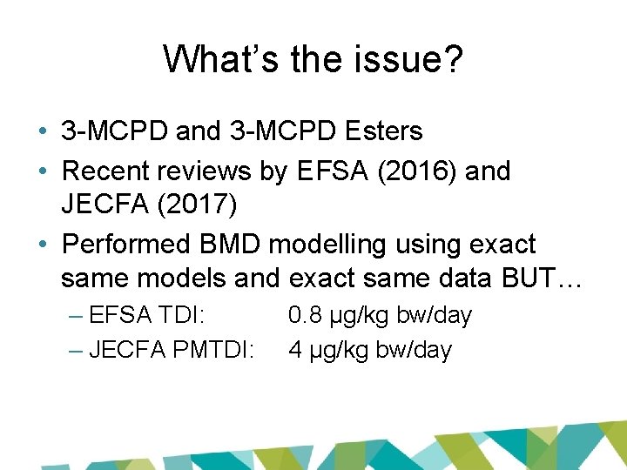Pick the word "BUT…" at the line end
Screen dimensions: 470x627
pyautogui.click(x=549, y=279)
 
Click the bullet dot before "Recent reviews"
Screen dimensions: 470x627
pyautogui.click(x=43, y=171)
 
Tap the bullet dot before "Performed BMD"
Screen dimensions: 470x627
pyautogui.click(x=43, y=245)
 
